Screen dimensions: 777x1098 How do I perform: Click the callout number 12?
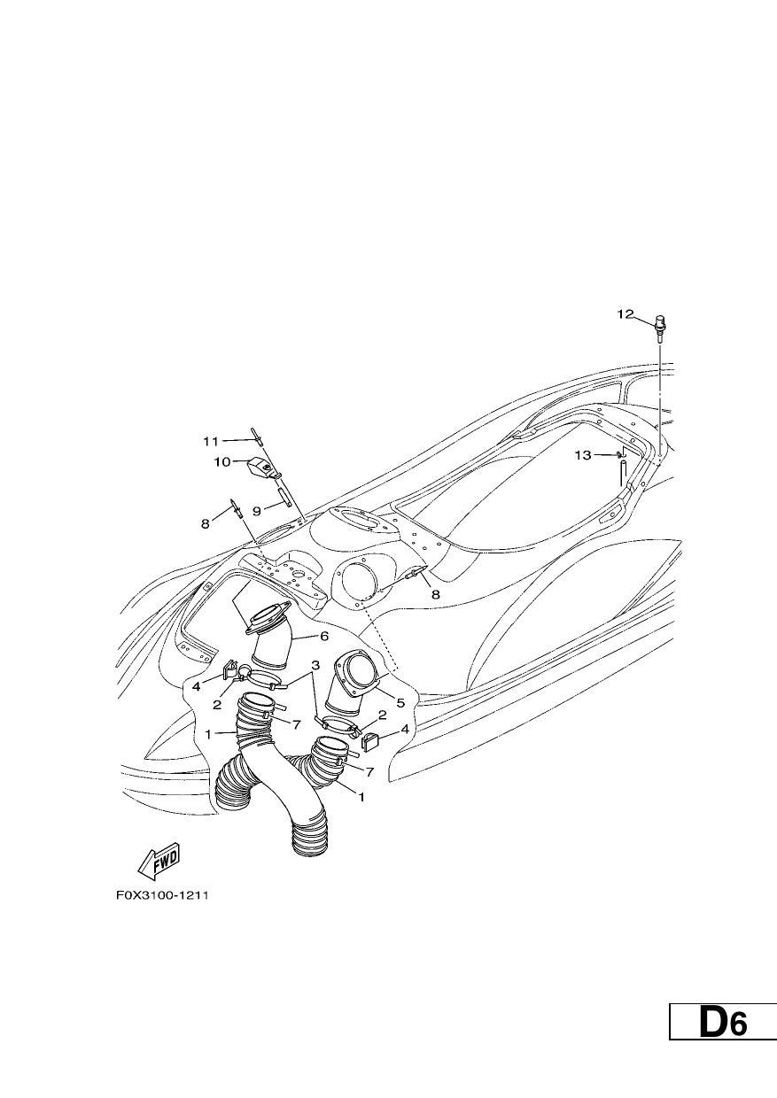click(x=625, y=314)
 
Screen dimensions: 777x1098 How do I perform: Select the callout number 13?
click(x=583, y=455)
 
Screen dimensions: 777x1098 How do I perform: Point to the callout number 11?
click(x=211, y=442)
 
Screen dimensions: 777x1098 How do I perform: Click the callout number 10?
click(x=222, y=461)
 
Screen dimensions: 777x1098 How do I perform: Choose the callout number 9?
click(x=257, y=511)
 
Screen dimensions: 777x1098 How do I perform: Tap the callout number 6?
click(x=323, y=637)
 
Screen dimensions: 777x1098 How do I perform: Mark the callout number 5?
click(x=400, y=703)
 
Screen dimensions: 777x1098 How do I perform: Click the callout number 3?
click(x=315, y=665)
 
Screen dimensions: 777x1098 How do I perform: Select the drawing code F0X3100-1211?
click(x=162, y=895)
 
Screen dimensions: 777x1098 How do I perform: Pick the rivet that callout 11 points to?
click(x=258, y=435)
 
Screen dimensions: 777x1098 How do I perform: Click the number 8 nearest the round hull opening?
click(x=435, y=594)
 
